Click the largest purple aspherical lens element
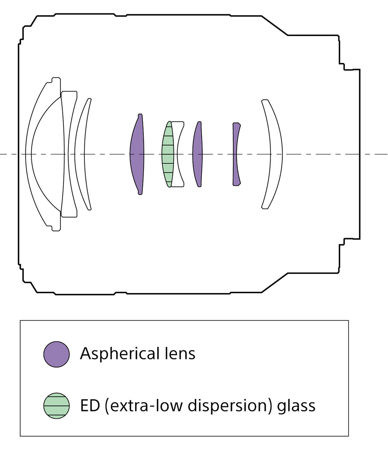click(x=137, y=154)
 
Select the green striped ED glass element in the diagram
click(x=168, y=154)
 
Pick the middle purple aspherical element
click(x=198, y=154)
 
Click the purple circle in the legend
click(x=56, y=354)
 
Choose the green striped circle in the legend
click(x=56, y=406)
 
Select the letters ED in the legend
click(x=90, y=406)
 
